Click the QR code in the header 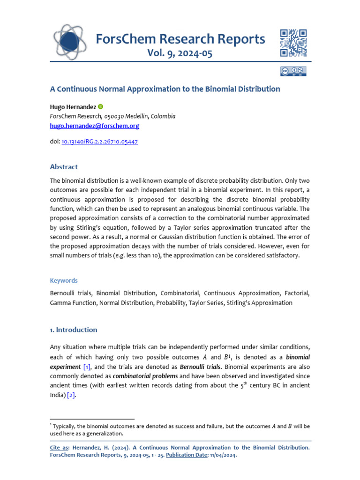click(293, 43)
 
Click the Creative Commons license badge click(293, 71)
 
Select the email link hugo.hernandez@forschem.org click(94, 126)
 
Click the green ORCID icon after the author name click(101, 107)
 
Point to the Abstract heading click(64, 167)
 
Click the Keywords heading click(64, 280)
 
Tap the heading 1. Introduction click(74, 330)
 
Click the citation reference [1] click(87, 367)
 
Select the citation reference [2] click(71, 395)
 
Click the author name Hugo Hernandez click(73, 107)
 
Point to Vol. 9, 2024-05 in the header click(180, 53)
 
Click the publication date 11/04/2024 click(223, 455)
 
